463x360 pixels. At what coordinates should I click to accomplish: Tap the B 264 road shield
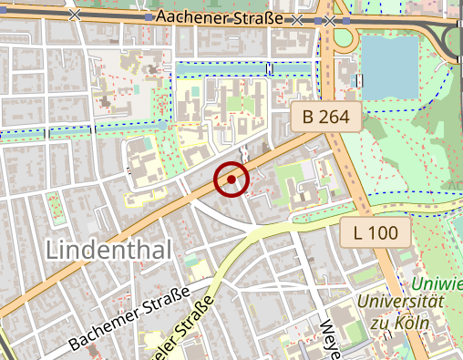pos(326,117)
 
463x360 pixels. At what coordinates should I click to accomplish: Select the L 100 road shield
pos(375,233)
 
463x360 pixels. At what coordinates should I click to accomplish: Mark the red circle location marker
pos(231,180)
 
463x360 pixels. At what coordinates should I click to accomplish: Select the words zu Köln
pos(400,322)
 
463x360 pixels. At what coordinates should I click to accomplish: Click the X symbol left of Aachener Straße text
pos(75,16)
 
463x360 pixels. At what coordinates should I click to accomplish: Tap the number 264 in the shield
pos(335,117)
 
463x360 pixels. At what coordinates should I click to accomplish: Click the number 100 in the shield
pos(383,233)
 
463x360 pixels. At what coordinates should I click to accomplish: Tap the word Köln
pos(411,322)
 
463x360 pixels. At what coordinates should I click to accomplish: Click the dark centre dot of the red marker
pos(231,180)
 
